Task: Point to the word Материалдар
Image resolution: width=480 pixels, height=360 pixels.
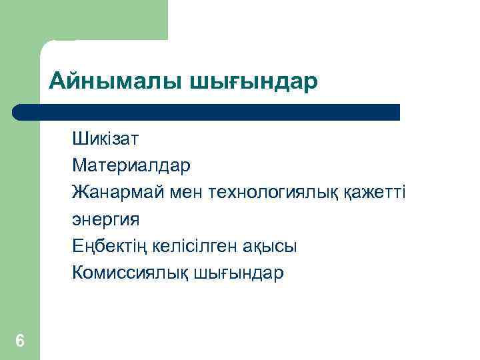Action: pos(131,166)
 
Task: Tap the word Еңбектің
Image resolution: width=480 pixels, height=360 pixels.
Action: pos(108,247)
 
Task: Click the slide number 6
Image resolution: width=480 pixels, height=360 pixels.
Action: pos(20,341)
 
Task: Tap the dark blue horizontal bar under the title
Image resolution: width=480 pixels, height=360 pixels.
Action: pos(207,112)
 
